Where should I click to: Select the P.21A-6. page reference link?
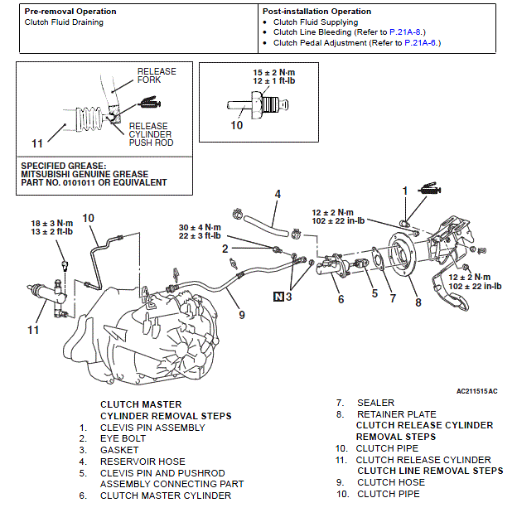[x=422, y=42]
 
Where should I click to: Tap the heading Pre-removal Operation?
[x=70, y=12]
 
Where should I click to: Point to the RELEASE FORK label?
[x=157, y=76]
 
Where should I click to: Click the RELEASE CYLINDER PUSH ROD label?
[x=150, y=134]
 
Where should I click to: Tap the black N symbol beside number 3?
[x=278, y=295]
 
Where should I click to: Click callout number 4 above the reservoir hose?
[x=278, y=194]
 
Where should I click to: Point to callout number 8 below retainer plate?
[x=418, y=302]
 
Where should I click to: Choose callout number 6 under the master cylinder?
[x=340, y=299]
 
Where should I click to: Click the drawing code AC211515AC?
[x=476, y=389]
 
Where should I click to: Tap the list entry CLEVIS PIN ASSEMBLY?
[x=152, y=428]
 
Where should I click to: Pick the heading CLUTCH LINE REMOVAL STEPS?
[x=430, y=471]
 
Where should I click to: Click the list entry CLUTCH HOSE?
[x=390, y=482]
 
